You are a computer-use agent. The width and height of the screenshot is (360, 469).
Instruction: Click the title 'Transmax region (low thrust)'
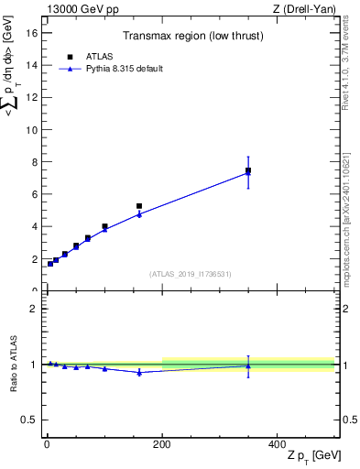click(190, 38)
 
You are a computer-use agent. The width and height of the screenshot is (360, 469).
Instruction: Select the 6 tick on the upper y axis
click(36, 194)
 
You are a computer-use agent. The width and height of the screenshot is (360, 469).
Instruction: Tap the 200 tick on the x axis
click(162, 443)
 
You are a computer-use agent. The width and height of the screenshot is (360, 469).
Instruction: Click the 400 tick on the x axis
click(277, 443)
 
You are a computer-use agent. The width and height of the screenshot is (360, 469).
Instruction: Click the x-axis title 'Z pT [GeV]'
click(312, 456)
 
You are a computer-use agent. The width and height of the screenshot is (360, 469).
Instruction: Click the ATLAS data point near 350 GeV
click(248, 170)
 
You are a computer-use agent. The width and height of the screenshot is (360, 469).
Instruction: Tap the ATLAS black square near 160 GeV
click(139, 206)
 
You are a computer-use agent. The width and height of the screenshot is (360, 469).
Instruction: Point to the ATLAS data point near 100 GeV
click(104, 226)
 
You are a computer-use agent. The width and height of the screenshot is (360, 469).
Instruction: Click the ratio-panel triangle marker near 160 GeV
click(139, 372)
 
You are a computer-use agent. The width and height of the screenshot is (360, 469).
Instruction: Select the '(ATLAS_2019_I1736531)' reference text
click(190, 274)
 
